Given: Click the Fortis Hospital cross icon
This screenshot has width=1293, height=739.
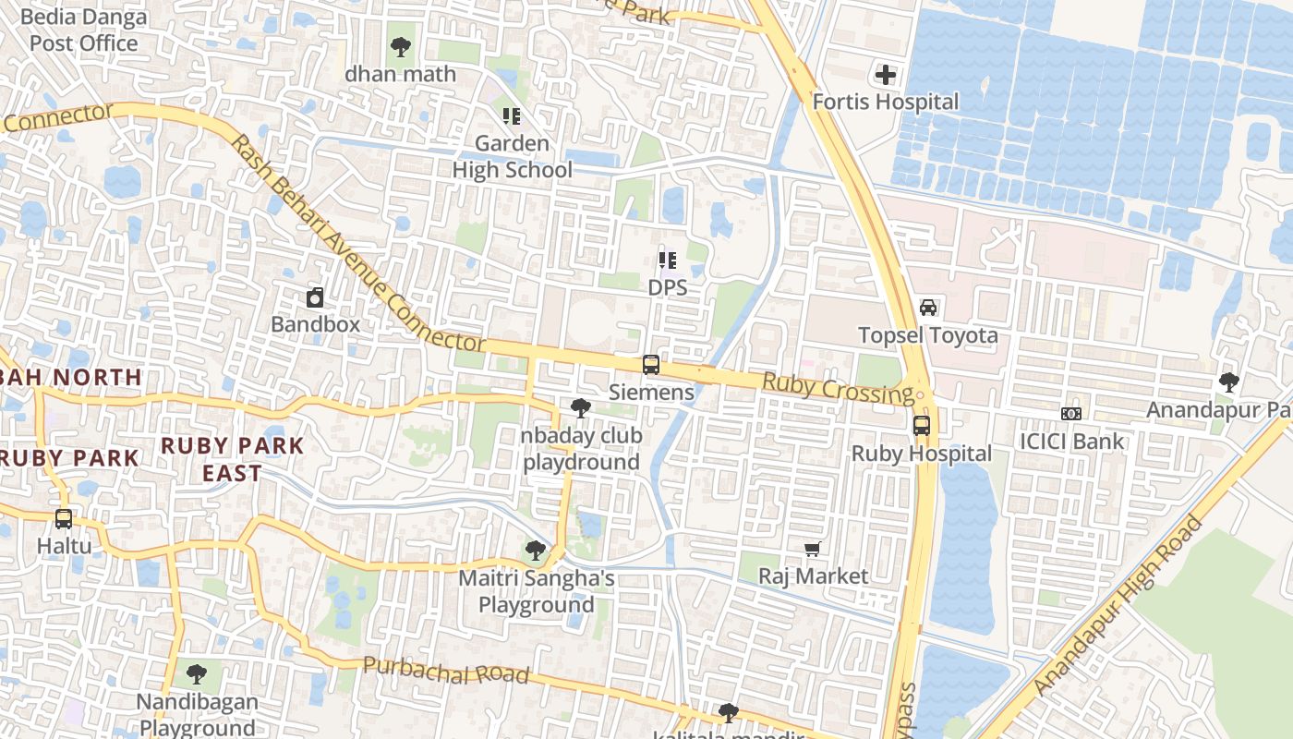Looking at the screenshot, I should pos(885,75).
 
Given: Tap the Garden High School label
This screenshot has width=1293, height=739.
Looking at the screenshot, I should pos(512,157).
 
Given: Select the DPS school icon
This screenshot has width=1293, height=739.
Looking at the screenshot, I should pos(668,260).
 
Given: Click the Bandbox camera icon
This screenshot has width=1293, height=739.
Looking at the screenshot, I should pos(315,297).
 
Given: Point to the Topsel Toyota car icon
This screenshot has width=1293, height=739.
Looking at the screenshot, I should pos(928,308).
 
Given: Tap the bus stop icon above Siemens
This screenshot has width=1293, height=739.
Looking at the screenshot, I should pos(651,365).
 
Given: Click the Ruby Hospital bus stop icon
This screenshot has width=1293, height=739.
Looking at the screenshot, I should pos(921,426).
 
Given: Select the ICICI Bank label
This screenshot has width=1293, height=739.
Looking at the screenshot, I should pos(1071,442).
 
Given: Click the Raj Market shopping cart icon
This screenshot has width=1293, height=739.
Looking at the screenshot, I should pos(813,550).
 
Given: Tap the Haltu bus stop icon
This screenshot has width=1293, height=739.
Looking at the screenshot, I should pos(64,519).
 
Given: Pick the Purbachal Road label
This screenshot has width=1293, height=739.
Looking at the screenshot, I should pos(446,670).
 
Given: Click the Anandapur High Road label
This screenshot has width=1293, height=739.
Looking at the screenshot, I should pos(1118,606).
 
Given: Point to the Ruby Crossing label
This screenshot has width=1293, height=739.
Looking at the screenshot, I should pos(838,388).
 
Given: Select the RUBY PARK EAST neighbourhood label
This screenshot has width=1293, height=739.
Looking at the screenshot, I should pos(232,459).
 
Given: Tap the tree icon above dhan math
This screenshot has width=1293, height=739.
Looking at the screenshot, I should pos(400,47).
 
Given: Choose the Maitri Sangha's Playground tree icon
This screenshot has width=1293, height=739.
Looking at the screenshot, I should pos(535,551).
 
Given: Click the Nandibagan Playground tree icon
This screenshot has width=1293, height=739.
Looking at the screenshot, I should pos(196,674).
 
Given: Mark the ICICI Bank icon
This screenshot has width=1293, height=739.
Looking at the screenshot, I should pos(1071,414).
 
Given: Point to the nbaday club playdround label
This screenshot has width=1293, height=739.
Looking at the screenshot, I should pos(581,449).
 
